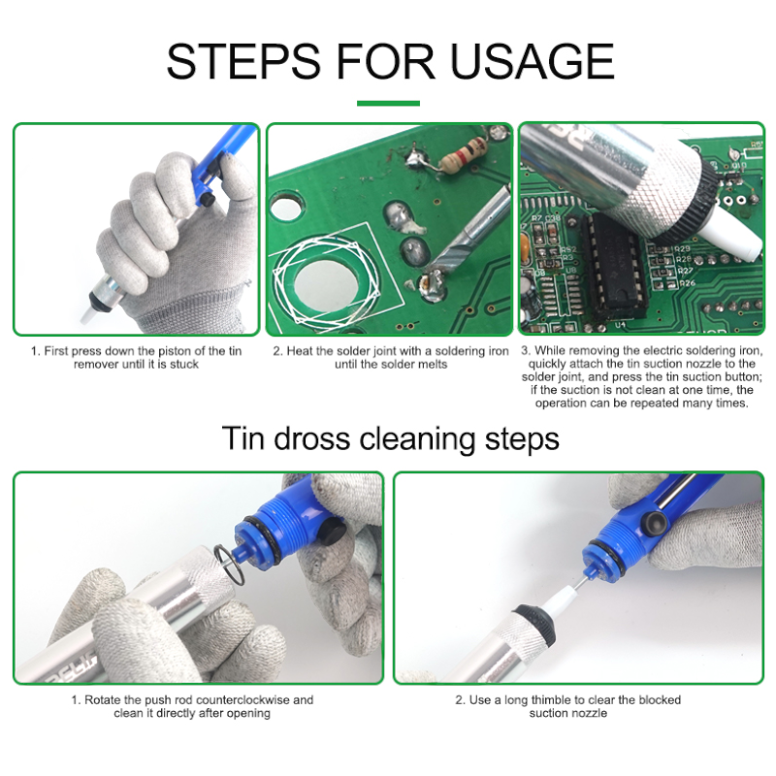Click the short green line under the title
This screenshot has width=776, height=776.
(x=388, y=103)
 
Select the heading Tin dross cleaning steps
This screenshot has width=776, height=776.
(x=390, y=438)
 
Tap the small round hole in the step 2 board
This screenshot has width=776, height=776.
(x=284, y=206)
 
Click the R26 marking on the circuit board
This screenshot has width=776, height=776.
(x=686, y=283)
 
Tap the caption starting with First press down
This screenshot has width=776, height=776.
(x=136, y=357)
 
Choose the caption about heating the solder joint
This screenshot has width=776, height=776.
(x=390, y=357)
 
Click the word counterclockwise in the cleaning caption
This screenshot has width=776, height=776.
(x=246, y=699)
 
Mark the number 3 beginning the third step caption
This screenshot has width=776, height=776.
(x=525, y=350)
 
